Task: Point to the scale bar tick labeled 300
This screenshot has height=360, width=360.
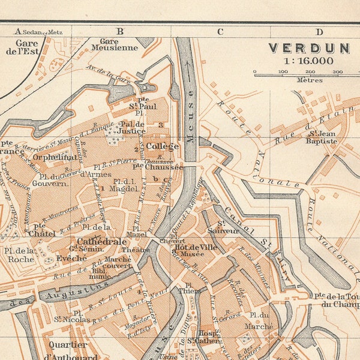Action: [338, 72]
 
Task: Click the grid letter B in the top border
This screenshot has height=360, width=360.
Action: [119, 31]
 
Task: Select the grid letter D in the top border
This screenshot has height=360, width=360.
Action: [319, 32]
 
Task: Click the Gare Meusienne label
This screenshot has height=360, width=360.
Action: [115, 45]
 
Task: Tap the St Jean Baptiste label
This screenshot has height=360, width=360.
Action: [322, 137]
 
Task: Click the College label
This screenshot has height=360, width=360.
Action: [163, 146]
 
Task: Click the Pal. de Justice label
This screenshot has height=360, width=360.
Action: [133, 127]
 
